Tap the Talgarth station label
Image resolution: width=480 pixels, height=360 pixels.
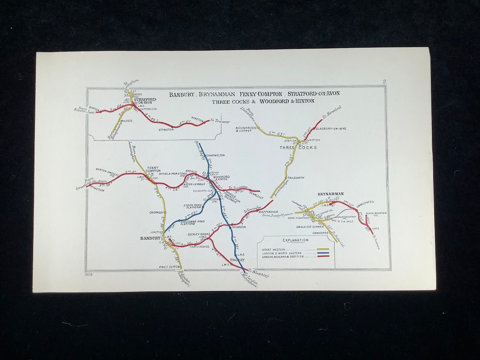tap(296, 178)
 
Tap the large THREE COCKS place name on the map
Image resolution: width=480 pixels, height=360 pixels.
tap(298, 147)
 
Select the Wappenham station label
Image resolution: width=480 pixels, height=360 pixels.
tap(268, 212)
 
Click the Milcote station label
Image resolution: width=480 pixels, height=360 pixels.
tap(126, 121)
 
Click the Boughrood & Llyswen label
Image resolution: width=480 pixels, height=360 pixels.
tap(244, 129)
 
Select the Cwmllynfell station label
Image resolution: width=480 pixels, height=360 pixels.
tap(364, 202)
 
